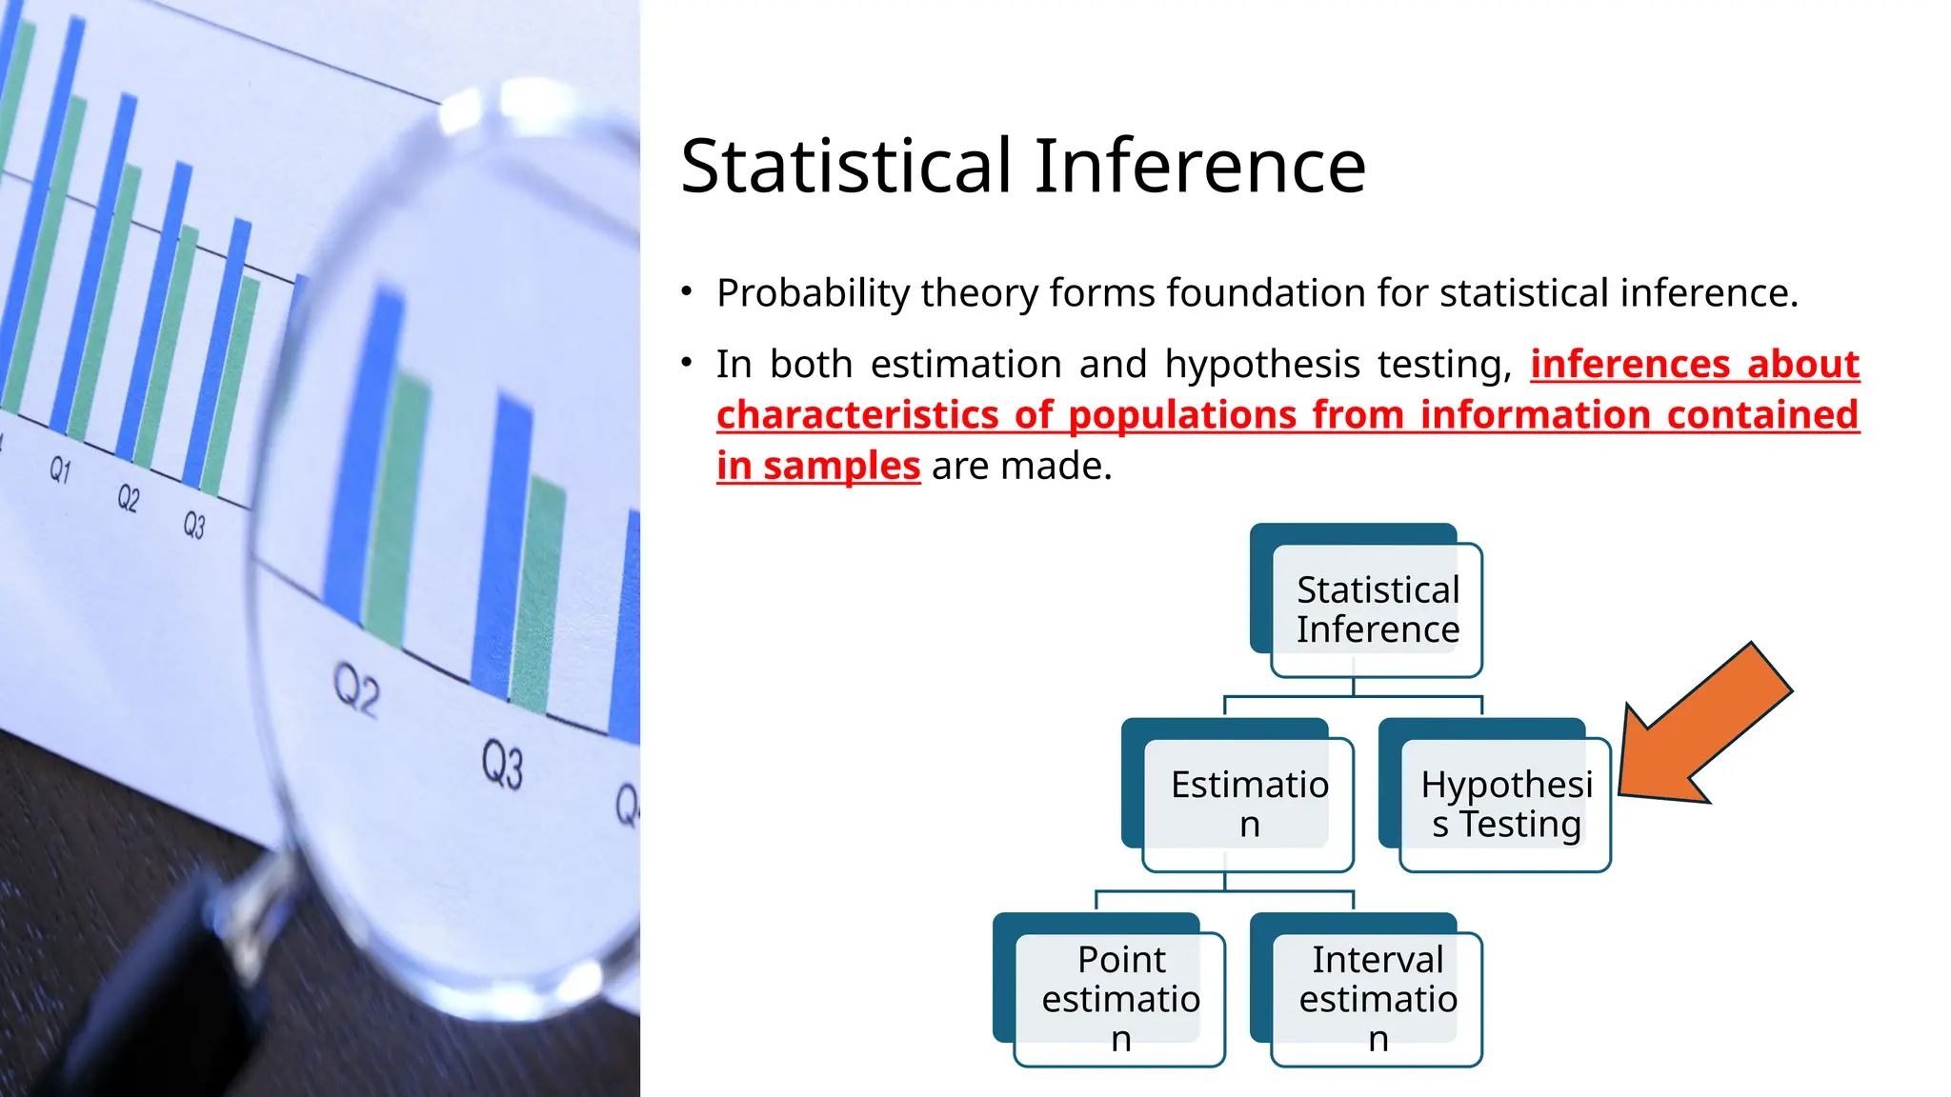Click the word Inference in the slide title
tap(1200, 167)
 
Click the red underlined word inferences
tap(1629, 365)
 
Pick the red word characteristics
tap(857, 416)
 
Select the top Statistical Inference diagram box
tap(1377, 609)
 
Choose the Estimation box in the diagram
tap(1248, 804)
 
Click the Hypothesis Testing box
tap(1505, 804)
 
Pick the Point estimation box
tap(1119, 998)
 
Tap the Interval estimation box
tap(1377, 998)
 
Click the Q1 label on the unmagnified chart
tap(60, 469)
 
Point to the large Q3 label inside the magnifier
tap(502, 765)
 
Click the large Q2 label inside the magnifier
tap(357, 689)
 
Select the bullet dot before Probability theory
tap(687, 291)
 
